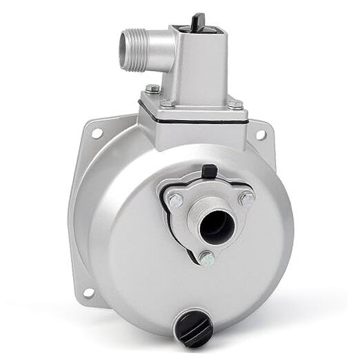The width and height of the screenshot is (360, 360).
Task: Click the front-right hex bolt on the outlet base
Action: tap(235, 104)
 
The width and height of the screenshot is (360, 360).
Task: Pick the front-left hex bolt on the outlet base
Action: tap(166, 103)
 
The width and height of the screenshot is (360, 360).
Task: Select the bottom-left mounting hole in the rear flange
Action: tap(88, 292)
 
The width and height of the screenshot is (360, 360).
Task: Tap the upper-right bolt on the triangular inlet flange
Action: tap(246, 199)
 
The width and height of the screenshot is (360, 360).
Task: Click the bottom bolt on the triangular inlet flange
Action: tap(206, 259)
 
